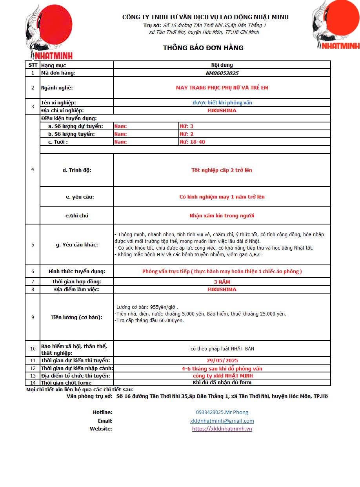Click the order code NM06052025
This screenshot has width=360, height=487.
222,73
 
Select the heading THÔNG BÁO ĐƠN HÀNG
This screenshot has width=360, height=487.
203,48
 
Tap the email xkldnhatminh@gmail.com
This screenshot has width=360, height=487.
222,421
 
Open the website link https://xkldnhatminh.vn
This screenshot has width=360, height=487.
222,429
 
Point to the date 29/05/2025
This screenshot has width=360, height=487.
222,360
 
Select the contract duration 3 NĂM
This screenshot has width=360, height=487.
222,282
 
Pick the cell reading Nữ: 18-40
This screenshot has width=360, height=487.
192,142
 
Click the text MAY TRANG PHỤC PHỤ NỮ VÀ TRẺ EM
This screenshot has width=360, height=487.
222,88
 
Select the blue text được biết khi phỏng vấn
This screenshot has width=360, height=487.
222,102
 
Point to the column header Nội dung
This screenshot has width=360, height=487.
222,65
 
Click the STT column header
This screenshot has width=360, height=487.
33,65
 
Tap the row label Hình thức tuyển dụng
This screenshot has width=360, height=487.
77,271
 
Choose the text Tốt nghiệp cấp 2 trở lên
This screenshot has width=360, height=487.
222,170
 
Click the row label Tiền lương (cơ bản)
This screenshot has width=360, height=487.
77,317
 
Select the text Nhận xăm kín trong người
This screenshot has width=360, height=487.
222,215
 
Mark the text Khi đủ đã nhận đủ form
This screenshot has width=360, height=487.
222,382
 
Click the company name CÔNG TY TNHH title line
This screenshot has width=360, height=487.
205,17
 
